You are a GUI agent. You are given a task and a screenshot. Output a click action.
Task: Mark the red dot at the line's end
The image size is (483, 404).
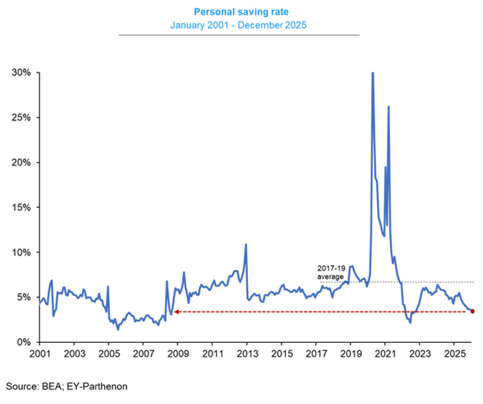tap(472, 311)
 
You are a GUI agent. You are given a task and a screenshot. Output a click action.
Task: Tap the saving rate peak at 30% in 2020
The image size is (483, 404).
tap(372, 73)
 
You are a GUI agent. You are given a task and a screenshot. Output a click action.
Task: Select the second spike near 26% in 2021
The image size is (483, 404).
tap(388, 106)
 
